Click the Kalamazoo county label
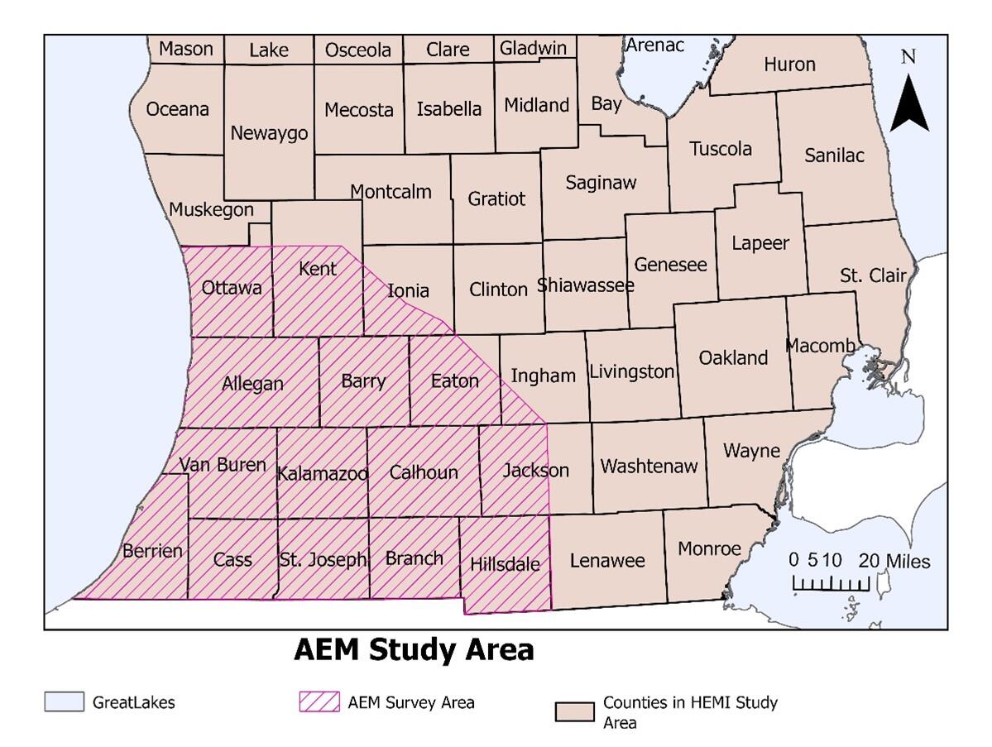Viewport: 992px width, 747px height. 323,474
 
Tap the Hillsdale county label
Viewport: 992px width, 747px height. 504,564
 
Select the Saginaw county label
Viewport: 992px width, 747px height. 601,183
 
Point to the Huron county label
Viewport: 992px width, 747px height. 789,64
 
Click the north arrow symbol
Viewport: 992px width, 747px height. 908,103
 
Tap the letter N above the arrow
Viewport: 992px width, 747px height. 908,56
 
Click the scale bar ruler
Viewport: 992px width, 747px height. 831,584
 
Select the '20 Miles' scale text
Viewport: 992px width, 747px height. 894,562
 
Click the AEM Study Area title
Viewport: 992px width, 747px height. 414,649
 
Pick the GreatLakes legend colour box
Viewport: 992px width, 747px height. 64,702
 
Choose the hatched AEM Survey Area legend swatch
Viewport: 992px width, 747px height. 319,702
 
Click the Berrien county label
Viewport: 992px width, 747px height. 152,550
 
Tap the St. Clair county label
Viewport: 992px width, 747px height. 873,275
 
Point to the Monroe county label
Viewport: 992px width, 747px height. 709,548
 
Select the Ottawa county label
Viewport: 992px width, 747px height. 232,287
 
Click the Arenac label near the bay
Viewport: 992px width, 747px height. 654,45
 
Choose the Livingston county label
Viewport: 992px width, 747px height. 631,371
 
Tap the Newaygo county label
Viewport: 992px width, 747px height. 269,132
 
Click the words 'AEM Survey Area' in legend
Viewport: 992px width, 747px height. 411,702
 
